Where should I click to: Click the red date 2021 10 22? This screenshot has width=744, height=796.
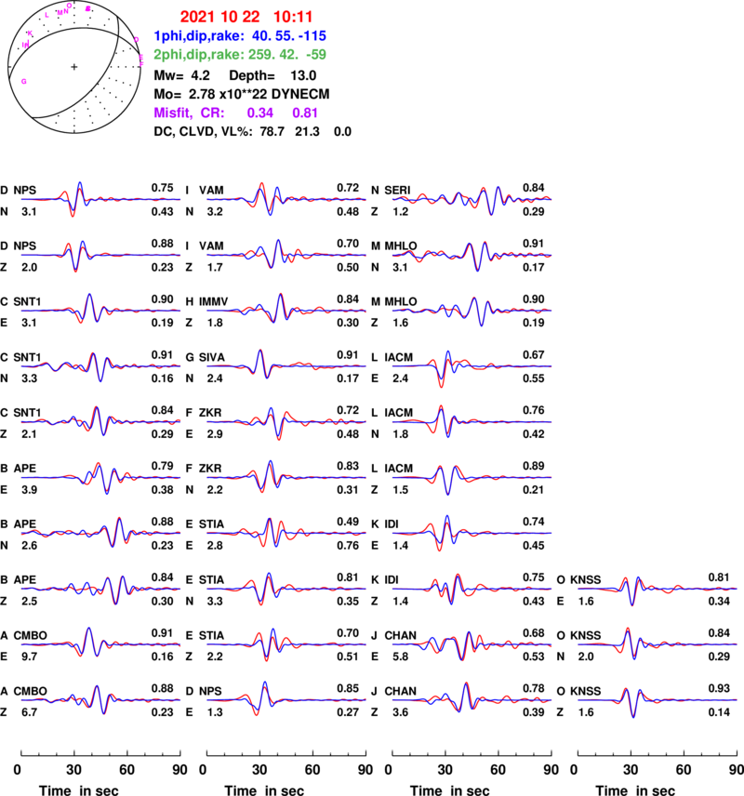219,17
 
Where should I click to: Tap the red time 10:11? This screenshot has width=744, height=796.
293,17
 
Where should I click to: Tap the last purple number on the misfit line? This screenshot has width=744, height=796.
305,113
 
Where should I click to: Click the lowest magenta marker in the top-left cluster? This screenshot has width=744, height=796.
24,82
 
